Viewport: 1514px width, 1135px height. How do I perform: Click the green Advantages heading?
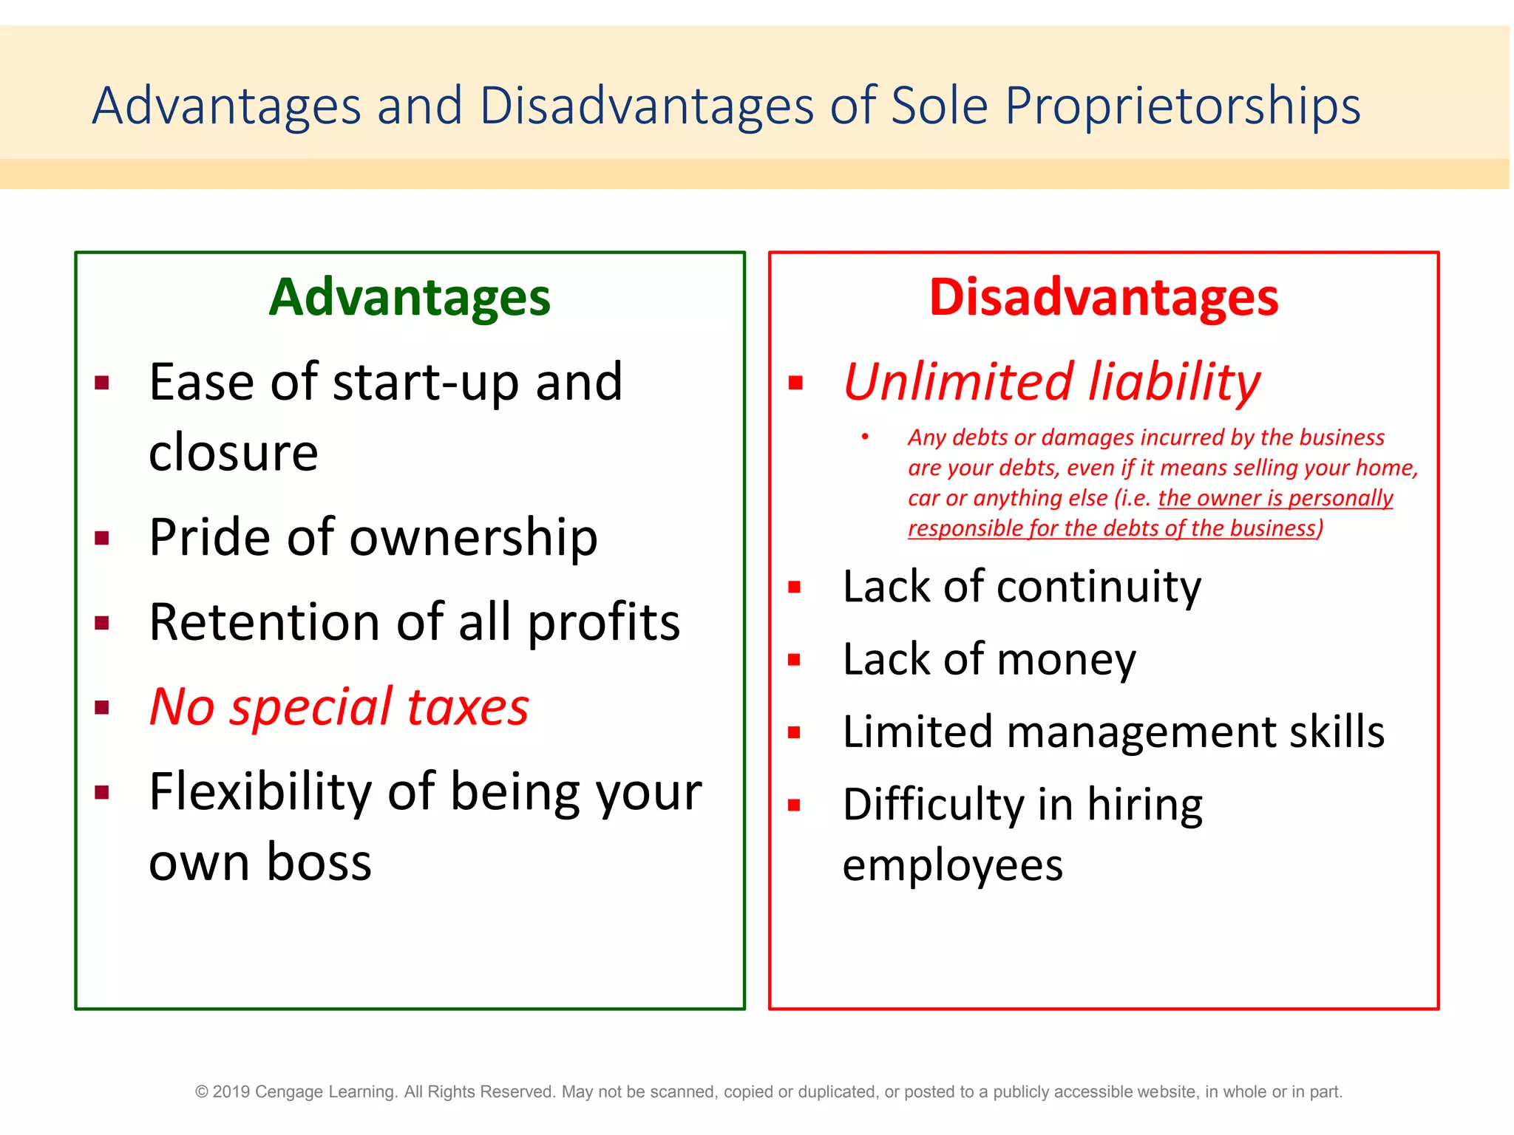coord(409,297)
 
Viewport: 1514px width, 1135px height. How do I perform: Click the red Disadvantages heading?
coord(1103,297)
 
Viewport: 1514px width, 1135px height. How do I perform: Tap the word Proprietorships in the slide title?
coord(1182,106)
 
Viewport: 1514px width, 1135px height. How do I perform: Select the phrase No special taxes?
coord(339,706)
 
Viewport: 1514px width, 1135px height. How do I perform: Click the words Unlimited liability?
coord(1051,382)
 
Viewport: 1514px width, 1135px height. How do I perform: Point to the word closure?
coord(233,452)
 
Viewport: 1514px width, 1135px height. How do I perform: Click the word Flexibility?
coord(260,791)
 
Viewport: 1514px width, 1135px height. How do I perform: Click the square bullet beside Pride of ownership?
coord(102,538)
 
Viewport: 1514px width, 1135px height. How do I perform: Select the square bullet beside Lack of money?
coord(795,660)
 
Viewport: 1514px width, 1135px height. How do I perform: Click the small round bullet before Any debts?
coord(864,437)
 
